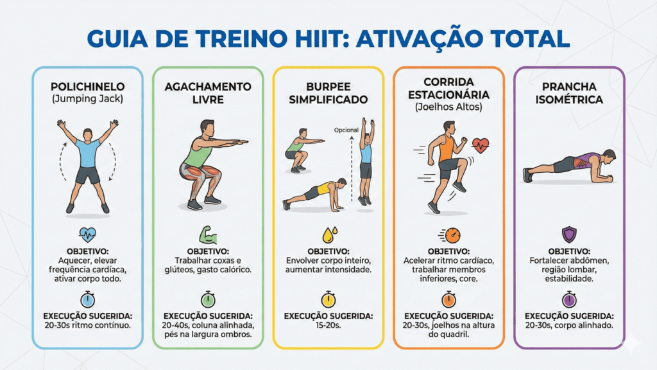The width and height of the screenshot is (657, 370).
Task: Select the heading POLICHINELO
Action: tap(87, 87)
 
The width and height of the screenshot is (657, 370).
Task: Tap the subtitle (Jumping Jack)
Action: tap(87, 99)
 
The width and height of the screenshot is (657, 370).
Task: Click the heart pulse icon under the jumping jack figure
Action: tap(87, 234)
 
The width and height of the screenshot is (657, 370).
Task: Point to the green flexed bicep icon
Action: tap(208, 235)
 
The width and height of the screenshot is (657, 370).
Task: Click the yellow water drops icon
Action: tap(329, 235)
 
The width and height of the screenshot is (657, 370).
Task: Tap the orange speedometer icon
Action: tap(450, 235)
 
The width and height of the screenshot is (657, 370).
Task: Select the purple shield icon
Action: tap(569, 234)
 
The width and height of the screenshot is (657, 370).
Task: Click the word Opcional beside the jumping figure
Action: tap(346, 130)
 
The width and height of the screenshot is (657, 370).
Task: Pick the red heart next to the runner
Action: tap(480, 146)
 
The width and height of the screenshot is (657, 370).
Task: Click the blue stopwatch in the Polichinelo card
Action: tap(87, 299)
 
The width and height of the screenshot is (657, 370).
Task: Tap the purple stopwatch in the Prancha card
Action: tap(569, 299)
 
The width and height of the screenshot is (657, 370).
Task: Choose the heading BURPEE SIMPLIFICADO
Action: tap(328, 93)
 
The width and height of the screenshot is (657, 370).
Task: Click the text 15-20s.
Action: tap(328, 325)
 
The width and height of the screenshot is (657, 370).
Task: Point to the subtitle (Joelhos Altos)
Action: tap(448, 107)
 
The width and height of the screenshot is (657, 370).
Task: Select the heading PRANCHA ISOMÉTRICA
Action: tap(569, 93)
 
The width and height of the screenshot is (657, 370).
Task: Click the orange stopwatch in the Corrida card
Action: tap(448, 299)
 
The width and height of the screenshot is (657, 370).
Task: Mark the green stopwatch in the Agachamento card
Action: tap(208, 299)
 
